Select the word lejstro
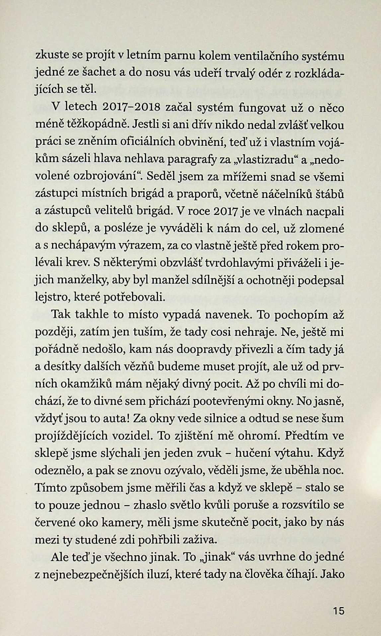coord(51,298)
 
